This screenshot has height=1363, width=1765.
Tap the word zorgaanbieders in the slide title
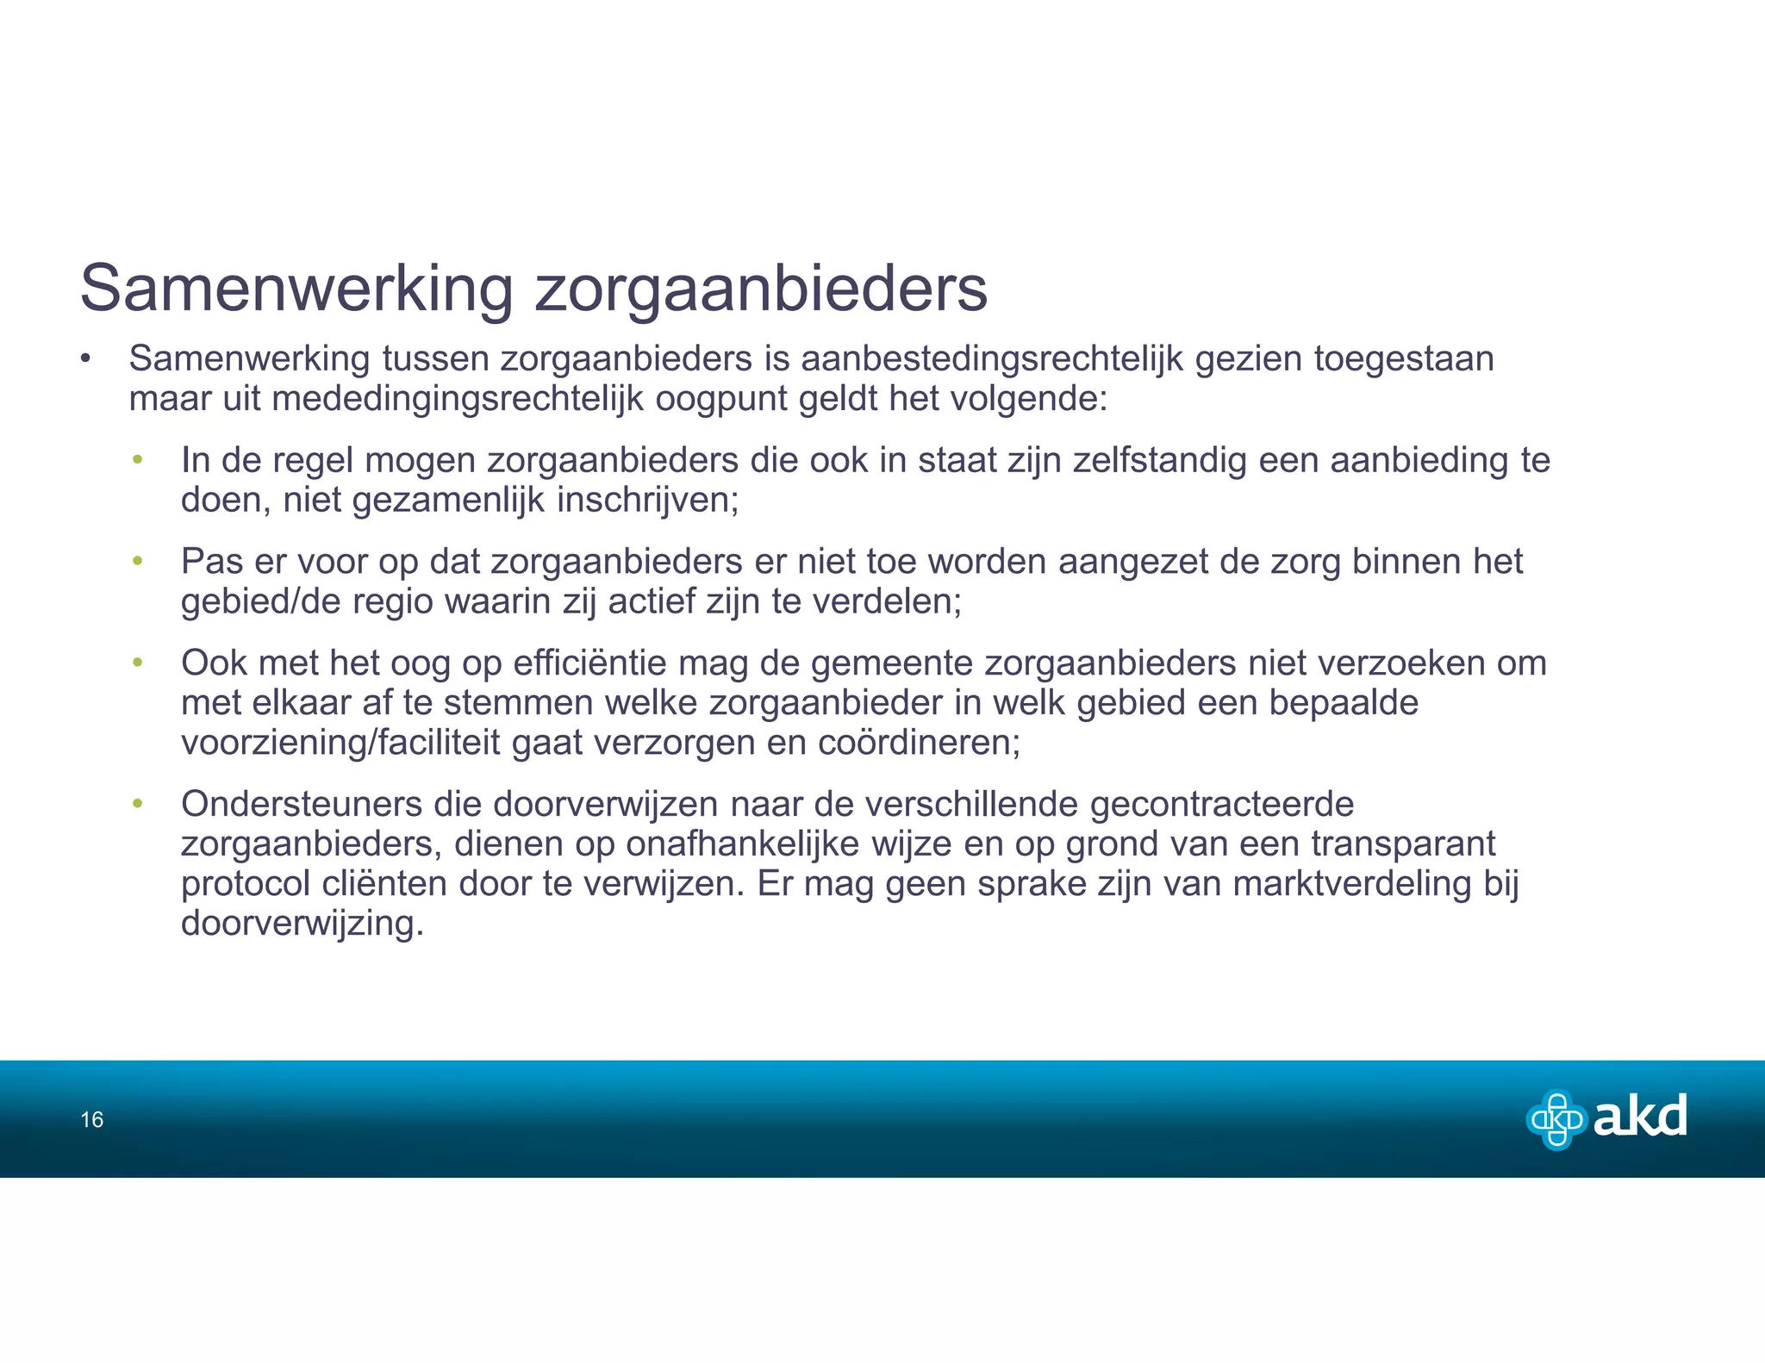click(761, 289)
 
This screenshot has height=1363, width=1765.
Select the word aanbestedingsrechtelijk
click(992, 358)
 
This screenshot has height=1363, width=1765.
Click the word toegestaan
click(1404, 358)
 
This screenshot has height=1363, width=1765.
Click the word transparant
click(1403, 843)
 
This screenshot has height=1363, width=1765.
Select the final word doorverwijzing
click(302, 924)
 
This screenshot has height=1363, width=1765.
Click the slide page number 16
click(92, 1120)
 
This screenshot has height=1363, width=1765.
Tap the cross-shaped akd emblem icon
click(1556, 1119)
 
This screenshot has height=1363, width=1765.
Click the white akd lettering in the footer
click(1640, 1117)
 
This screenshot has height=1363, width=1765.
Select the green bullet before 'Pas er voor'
click(137, 562)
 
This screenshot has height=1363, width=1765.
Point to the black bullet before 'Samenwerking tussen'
click(85, 358)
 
